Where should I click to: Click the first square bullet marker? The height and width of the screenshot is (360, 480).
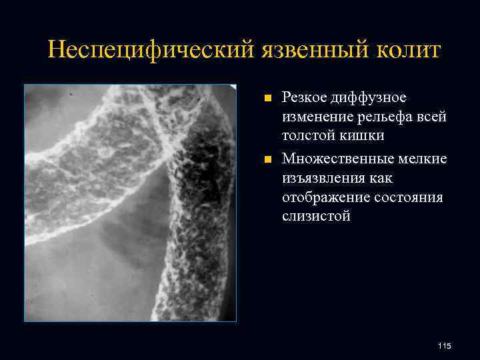[267, 99]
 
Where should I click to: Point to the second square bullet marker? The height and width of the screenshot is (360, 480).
[267, 159]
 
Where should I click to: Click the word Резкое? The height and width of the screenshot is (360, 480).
[303, 98]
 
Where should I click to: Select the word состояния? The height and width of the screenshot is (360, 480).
[407, 197]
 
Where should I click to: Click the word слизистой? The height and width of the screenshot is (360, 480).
[315, 217]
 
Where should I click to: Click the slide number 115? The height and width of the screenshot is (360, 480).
[445, 345]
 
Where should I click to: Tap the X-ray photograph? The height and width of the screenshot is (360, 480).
[130, 203]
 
